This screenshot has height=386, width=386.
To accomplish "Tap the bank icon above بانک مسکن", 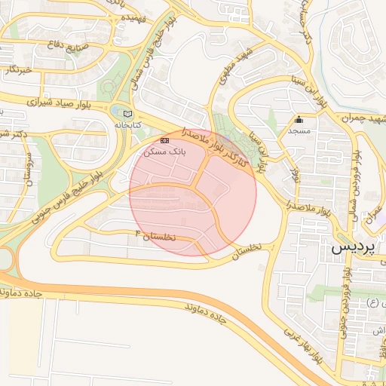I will point(164,141).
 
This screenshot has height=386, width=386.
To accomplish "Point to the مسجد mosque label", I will point(299,130).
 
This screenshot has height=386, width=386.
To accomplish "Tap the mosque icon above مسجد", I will point(299,119).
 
